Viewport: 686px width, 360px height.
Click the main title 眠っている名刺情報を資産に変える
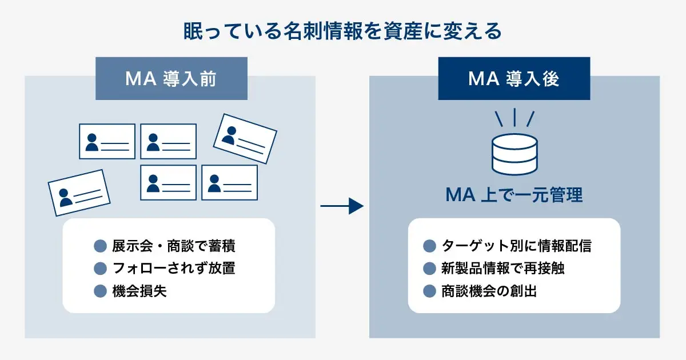pos(342,31)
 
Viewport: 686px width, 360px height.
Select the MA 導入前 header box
pos(171,78)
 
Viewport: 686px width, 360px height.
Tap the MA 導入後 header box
pos(514,78)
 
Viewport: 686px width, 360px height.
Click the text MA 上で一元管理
pos(514,195)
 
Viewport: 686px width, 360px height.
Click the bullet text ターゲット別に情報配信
pos(516,246)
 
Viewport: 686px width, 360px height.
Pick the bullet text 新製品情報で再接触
pos(503,269)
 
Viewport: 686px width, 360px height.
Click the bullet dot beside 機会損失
pos(101,291)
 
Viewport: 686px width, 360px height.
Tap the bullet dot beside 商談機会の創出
pos(430,291)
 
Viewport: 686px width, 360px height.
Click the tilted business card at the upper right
pos(245,138)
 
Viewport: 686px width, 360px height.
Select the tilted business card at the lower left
pos(79,193)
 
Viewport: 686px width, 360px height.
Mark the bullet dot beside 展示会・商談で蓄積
pos(101,246)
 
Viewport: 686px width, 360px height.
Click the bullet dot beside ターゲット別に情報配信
pos(430,246)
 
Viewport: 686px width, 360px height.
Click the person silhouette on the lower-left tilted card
pos(66,197)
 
